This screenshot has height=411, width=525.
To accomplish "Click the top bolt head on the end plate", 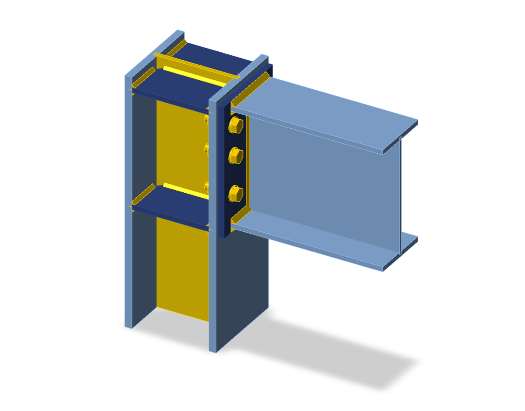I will tap(236, 125).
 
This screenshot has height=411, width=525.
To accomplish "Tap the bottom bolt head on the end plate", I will tap(236, 194).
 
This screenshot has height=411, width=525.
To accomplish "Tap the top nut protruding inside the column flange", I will tap(207, 119).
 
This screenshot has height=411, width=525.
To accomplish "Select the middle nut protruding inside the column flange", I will tap(207, 149).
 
